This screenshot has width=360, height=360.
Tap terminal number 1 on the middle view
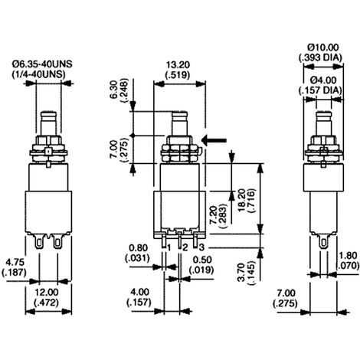point(167,246)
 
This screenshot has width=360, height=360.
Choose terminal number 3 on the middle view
point(201,246)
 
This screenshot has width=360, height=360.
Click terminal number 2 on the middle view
point(184,246)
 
